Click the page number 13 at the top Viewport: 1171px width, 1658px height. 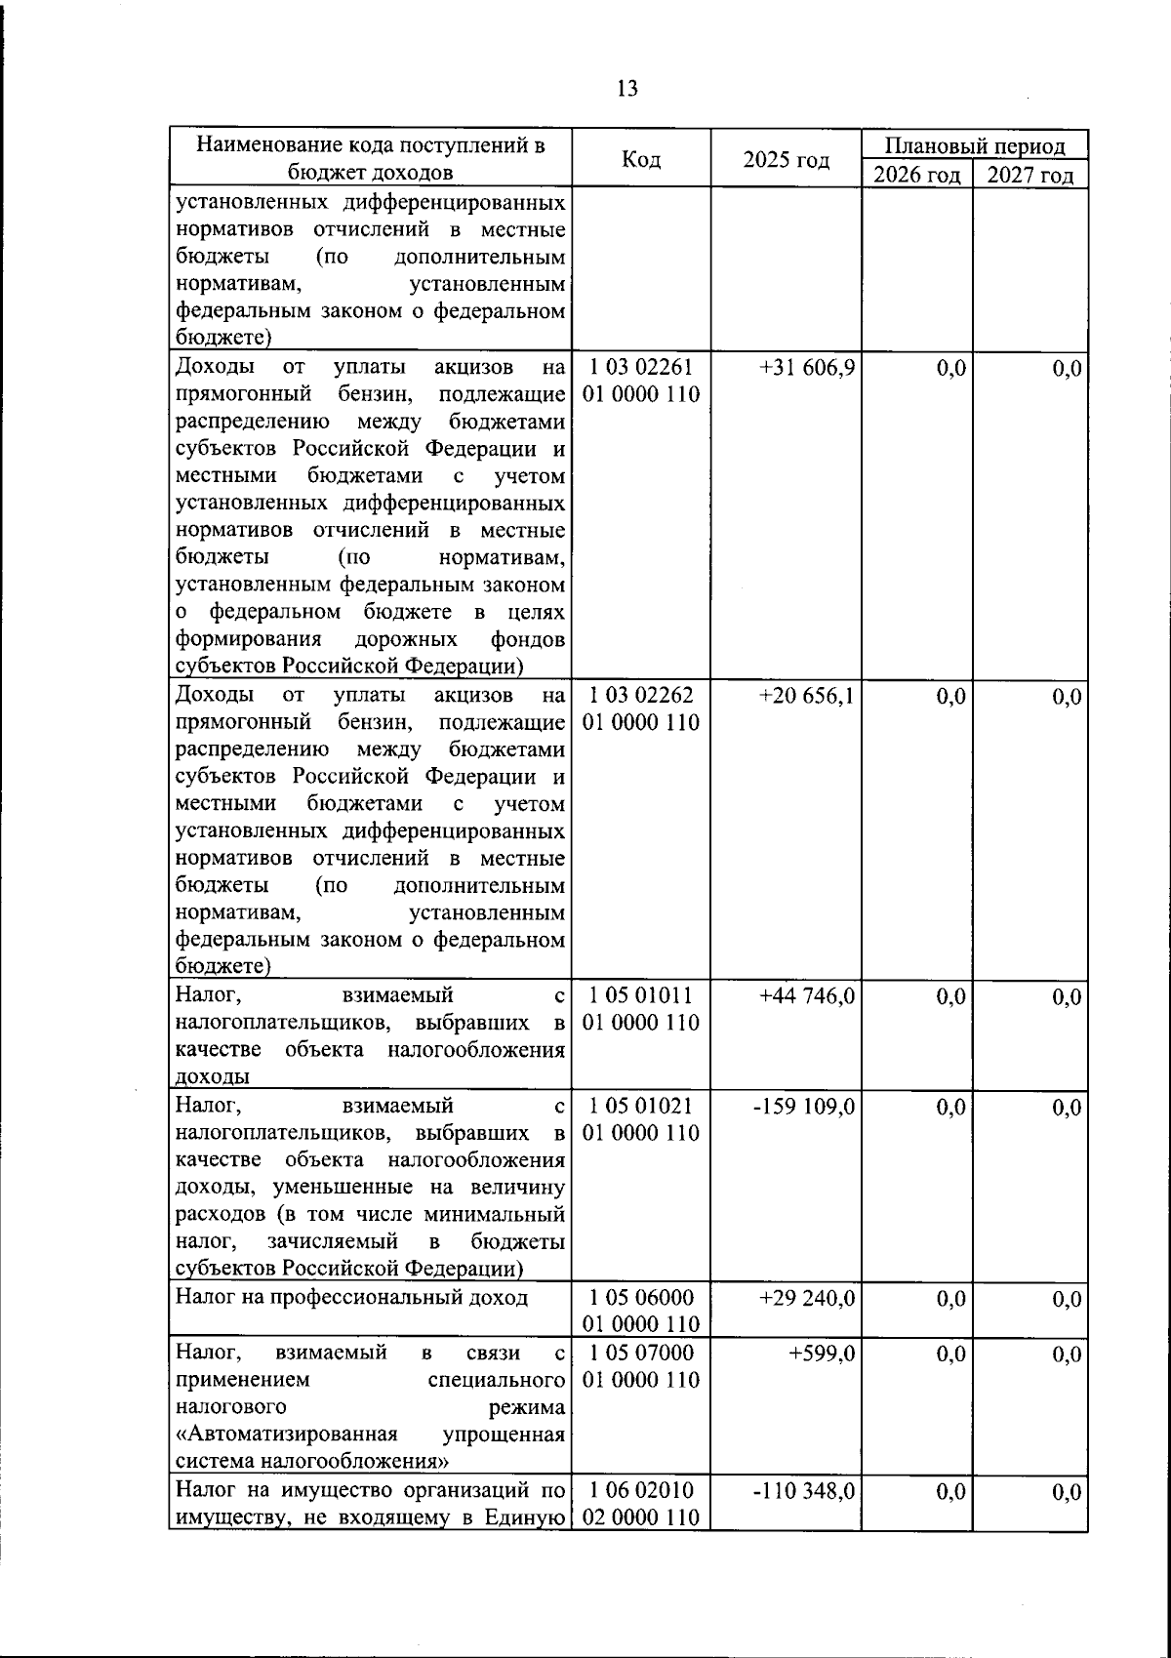(x=627, y=89)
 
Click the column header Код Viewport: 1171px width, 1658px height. (x=640, y=160)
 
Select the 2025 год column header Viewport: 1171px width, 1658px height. (x=786, y=160)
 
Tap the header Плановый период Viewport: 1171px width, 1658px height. (x=974, y=146)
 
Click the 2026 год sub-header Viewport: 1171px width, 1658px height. (x=916, y=176)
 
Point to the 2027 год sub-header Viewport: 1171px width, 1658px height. (x=1030, y=176)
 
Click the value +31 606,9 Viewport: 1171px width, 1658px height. (x=807, y=369)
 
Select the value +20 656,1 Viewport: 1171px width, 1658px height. (x=807, y=696)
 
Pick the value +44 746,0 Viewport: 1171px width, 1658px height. (x=807, y=996)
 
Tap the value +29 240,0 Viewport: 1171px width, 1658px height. (x=807, y=1298)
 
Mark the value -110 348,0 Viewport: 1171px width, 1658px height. (x=804, y=1491)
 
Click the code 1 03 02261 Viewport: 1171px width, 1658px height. (x=640, y=369)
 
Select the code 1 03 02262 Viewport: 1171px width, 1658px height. (x=640, y=696)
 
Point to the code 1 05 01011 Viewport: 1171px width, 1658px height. (x=640, y=996)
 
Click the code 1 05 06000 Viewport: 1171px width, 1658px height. (x=640, y=1298)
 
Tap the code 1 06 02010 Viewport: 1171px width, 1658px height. (x=640, y=1491)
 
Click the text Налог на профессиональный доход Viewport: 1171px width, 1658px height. (x=351, y=1298)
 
